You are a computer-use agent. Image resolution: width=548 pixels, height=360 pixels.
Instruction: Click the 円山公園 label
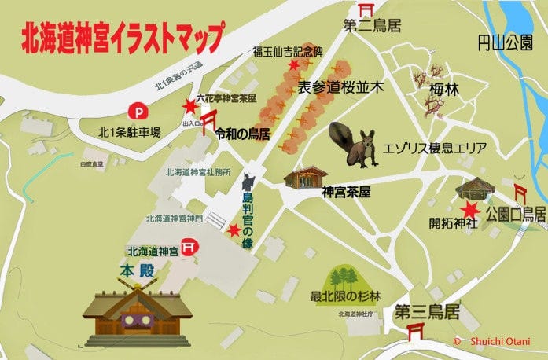point(507,41)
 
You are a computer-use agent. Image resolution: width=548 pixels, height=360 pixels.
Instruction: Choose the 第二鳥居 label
point(372,27)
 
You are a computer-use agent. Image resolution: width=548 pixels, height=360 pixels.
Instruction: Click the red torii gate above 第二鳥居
point(366,9)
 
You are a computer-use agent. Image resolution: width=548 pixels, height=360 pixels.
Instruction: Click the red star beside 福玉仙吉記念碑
point(294,65)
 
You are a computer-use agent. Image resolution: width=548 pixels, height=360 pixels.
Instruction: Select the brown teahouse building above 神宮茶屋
point(305,177)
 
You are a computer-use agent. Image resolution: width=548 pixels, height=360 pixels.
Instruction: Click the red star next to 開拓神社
point(471,209)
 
